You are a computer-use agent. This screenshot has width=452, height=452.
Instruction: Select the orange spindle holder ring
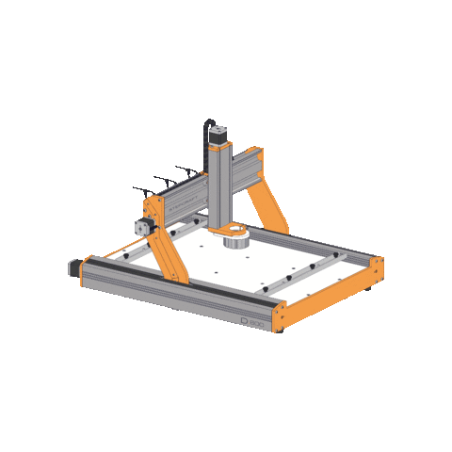[x=229, y=231]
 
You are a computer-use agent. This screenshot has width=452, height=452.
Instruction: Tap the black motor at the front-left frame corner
[x=74, y=268]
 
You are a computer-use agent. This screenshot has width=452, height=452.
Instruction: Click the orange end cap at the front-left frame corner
[x=84, y=273]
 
